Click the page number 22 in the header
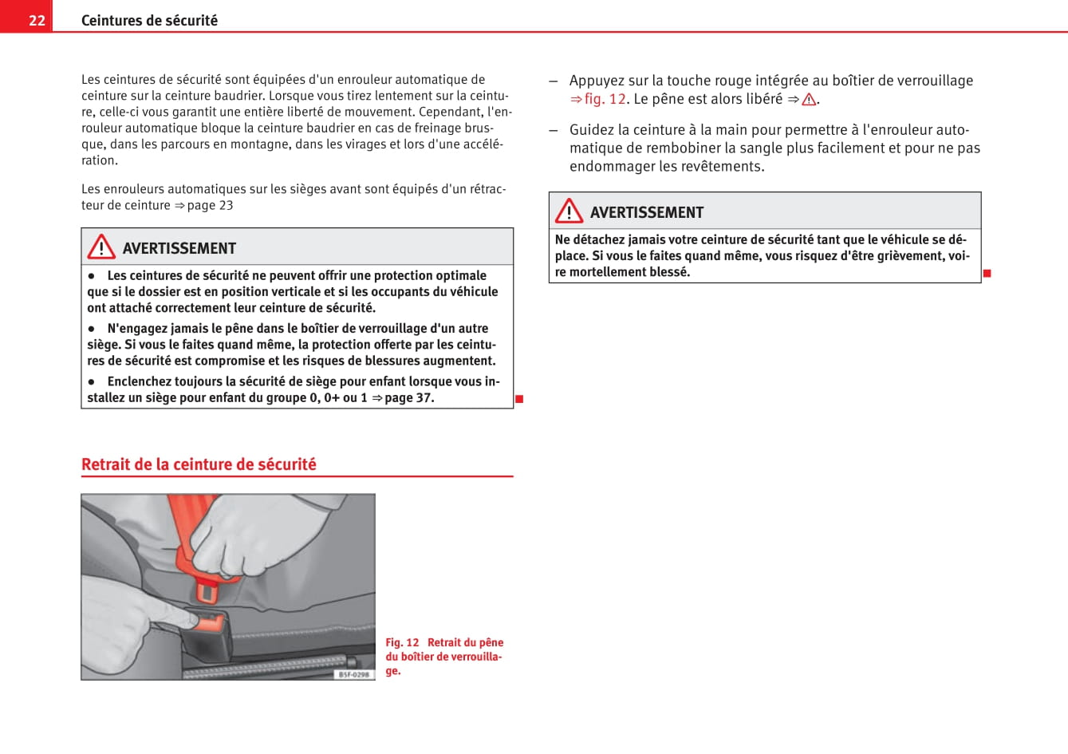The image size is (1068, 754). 37,20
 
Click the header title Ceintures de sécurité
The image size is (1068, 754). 149,21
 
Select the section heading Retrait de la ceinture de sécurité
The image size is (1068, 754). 199,464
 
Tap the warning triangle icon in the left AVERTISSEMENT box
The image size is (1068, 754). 101,247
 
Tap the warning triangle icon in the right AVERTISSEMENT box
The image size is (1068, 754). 569,211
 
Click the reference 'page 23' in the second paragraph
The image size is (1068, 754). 210,205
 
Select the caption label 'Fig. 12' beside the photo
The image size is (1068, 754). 402,642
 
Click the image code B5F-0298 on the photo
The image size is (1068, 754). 353,674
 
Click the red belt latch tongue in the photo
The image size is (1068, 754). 208,591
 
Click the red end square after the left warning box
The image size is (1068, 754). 519,399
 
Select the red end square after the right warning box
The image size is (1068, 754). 987,274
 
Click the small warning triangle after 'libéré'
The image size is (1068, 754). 809,100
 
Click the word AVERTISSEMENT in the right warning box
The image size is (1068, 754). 647,213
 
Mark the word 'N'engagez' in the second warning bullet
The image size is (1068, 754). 138,329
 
